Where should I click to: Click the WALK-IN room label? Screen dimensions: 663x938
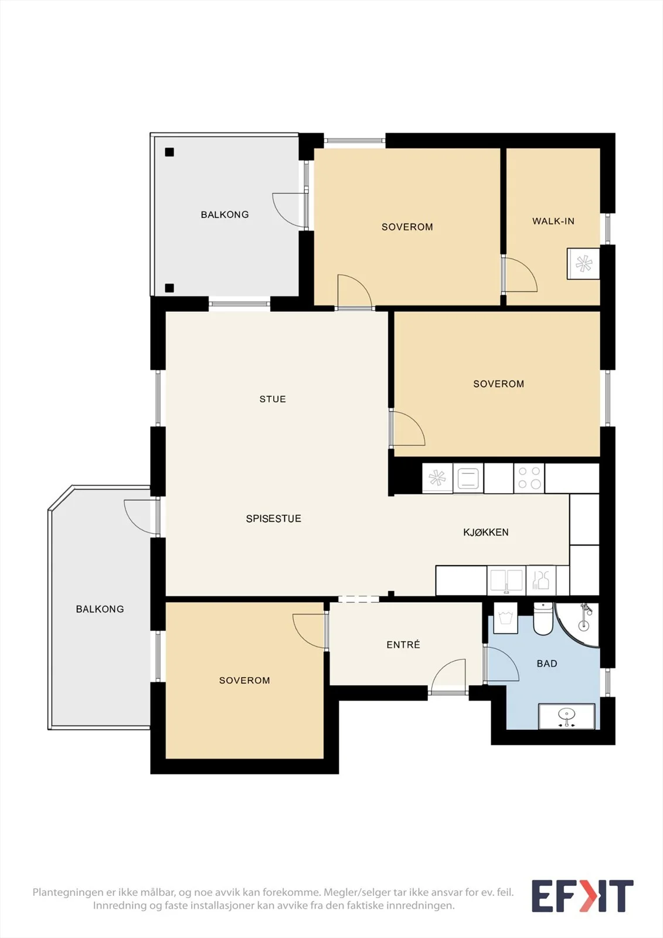tap(553, 221)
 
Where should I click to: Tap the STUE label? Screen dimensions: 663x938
tap(273, 399)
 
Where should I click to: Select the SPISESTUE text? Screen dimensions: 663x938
tap(274, 518)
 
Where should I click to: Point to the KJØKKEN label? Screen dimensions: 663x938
tap(486, 532)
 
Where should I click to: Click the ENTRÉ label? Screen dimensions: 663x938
tap(403, 644)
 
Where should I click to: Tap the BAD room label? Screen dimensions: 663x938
tap(547, 663)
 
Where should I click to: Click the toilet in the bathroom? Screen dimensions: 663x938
tap(543, 619)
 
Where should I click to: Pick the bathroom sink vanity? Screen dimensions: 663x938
tap(567, 716)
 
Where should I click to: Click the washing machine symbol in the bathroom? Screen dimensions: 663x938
tap(505, 618)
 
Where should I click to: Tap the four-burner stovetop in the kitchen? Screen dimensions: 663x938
tap(529, 478)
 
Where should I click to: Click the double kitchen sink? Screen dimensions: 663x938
tap(506, 580)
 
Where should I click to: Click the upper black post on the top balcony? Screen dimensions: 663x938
tap(169, 152)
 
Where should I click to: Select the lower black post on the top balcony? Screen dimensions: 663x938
tap(169, 288)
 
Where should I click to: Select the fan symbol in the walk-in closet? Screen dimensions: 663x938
tap(583, 263)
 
